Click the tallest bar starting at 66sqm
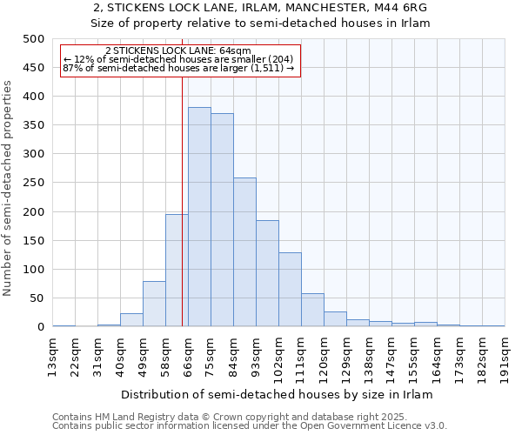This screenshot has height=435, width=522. [199, 217]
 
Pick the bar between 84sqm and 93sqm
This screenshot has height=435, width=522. [244, 252]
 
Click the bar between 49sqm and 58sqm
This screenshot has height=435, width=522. [154, 304]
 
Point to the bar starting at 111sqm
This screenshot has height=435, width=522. [312, 310]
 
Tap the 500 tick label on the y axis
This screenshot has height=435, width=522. [33, 39]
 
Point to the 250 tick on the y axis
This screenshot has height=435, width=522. [33, 183]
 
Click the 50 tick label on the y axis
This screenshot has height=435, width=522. [37, 298]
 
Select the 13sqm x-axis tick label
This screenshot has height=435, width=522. [53, 356]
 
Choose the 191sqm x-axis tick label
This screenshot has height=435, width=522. [505, 356]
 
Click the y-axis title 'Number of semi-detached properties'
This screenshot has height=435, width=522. [9, 188]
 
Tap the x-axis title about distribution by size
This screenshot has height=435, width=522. [277, 394]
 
